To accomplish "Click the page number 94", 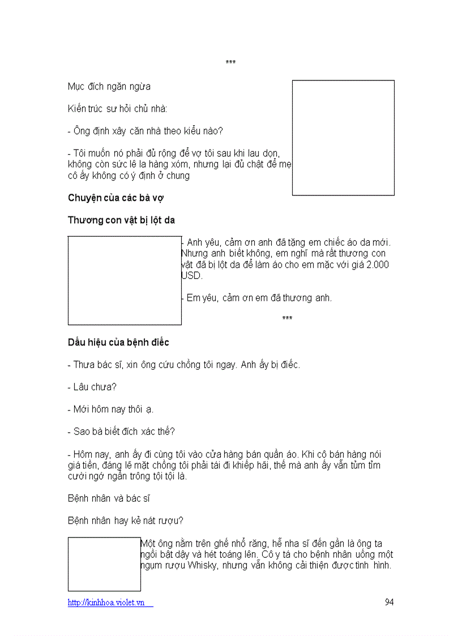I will [x=389, y=602].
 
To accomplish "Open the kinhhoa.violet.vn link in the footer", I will [x=110, y=603].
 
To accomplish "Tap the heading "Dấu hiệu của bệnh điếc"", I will [x=118, y=342].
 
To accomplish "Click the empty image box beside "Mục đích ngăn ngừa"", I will [x=343, y=138].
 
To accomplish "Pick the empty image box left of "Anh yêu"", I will [x=125, y=280].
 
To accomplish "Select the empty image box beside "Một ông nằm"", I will [x=104, y=564].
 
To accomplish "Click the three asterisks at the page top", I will [x=230, y=62].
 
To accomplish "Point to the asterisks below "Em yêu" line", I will [x=287, y=319].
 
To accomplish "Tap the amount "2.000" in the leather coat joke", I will [x=378, y=264].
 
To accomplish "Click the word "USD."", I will [x=192, y=275].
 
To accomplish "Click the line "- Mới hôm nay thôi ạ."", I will [x=110, y=409].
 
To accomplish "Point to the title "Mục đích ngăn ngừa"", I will [x=109, y=87].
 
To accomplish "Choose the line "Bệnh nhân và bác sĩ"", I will [x=108, y=498].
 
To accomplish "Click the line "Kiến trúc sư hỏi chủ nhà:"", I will [x=117, y=109].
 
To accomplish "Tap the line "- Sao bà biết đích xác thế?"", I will [x=121, y=431].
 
